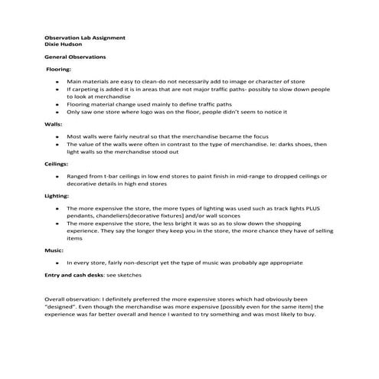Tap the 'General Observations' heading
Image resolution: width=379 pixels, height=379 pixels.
coord(75,57)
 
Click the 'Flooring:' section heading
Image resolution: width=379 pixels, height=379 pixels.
coord(59,70)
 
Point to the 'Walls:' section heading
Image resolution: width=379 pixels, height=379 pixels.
coord(53,123)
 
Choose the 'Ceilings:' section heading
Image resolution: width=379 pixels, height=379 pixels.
coord(57,163)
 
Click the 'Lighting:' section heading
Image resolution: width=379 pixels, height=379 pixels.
coord(57,196)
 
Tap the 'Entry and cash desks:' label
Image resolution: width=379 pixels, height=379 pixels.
coord(75,274)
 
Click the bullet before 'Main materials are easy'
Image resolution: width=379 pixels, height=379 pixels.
coord(58,81)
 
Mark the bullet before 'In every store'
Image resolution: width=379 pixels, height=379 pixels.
coord(58,263)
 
